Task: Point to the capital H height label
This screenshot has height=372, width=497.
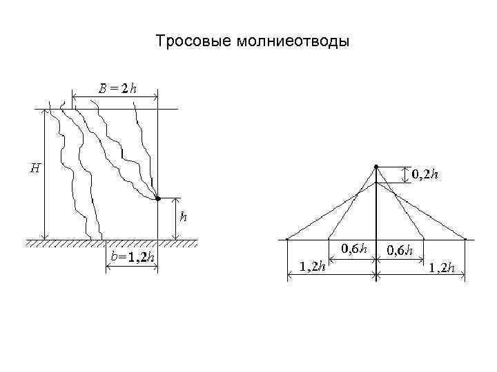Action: coord(35,167)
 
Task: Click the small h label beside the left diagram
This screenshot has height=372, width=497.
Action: coord(183,217)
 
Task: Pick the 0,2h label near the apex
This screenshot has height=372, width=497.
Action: coord(425,175)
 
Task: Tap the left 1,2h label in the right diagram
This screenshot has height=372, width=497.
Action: coord(313,267)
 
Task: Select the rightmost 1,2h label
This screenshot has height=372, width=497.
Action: coord(442,267)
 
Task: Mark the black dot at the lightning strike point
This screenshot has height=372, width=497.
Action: coord(157,198)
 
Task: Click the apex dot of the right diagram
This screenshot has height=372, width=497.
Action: coord(376,166)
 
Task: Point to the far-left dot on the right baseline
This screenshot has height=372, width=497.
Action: coord(286,240)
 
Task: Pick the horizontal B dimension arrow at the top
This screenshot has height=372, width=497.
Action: coord(115,98)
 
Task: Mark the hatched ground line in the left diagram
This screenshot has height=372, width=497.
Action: coord(110,242)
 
